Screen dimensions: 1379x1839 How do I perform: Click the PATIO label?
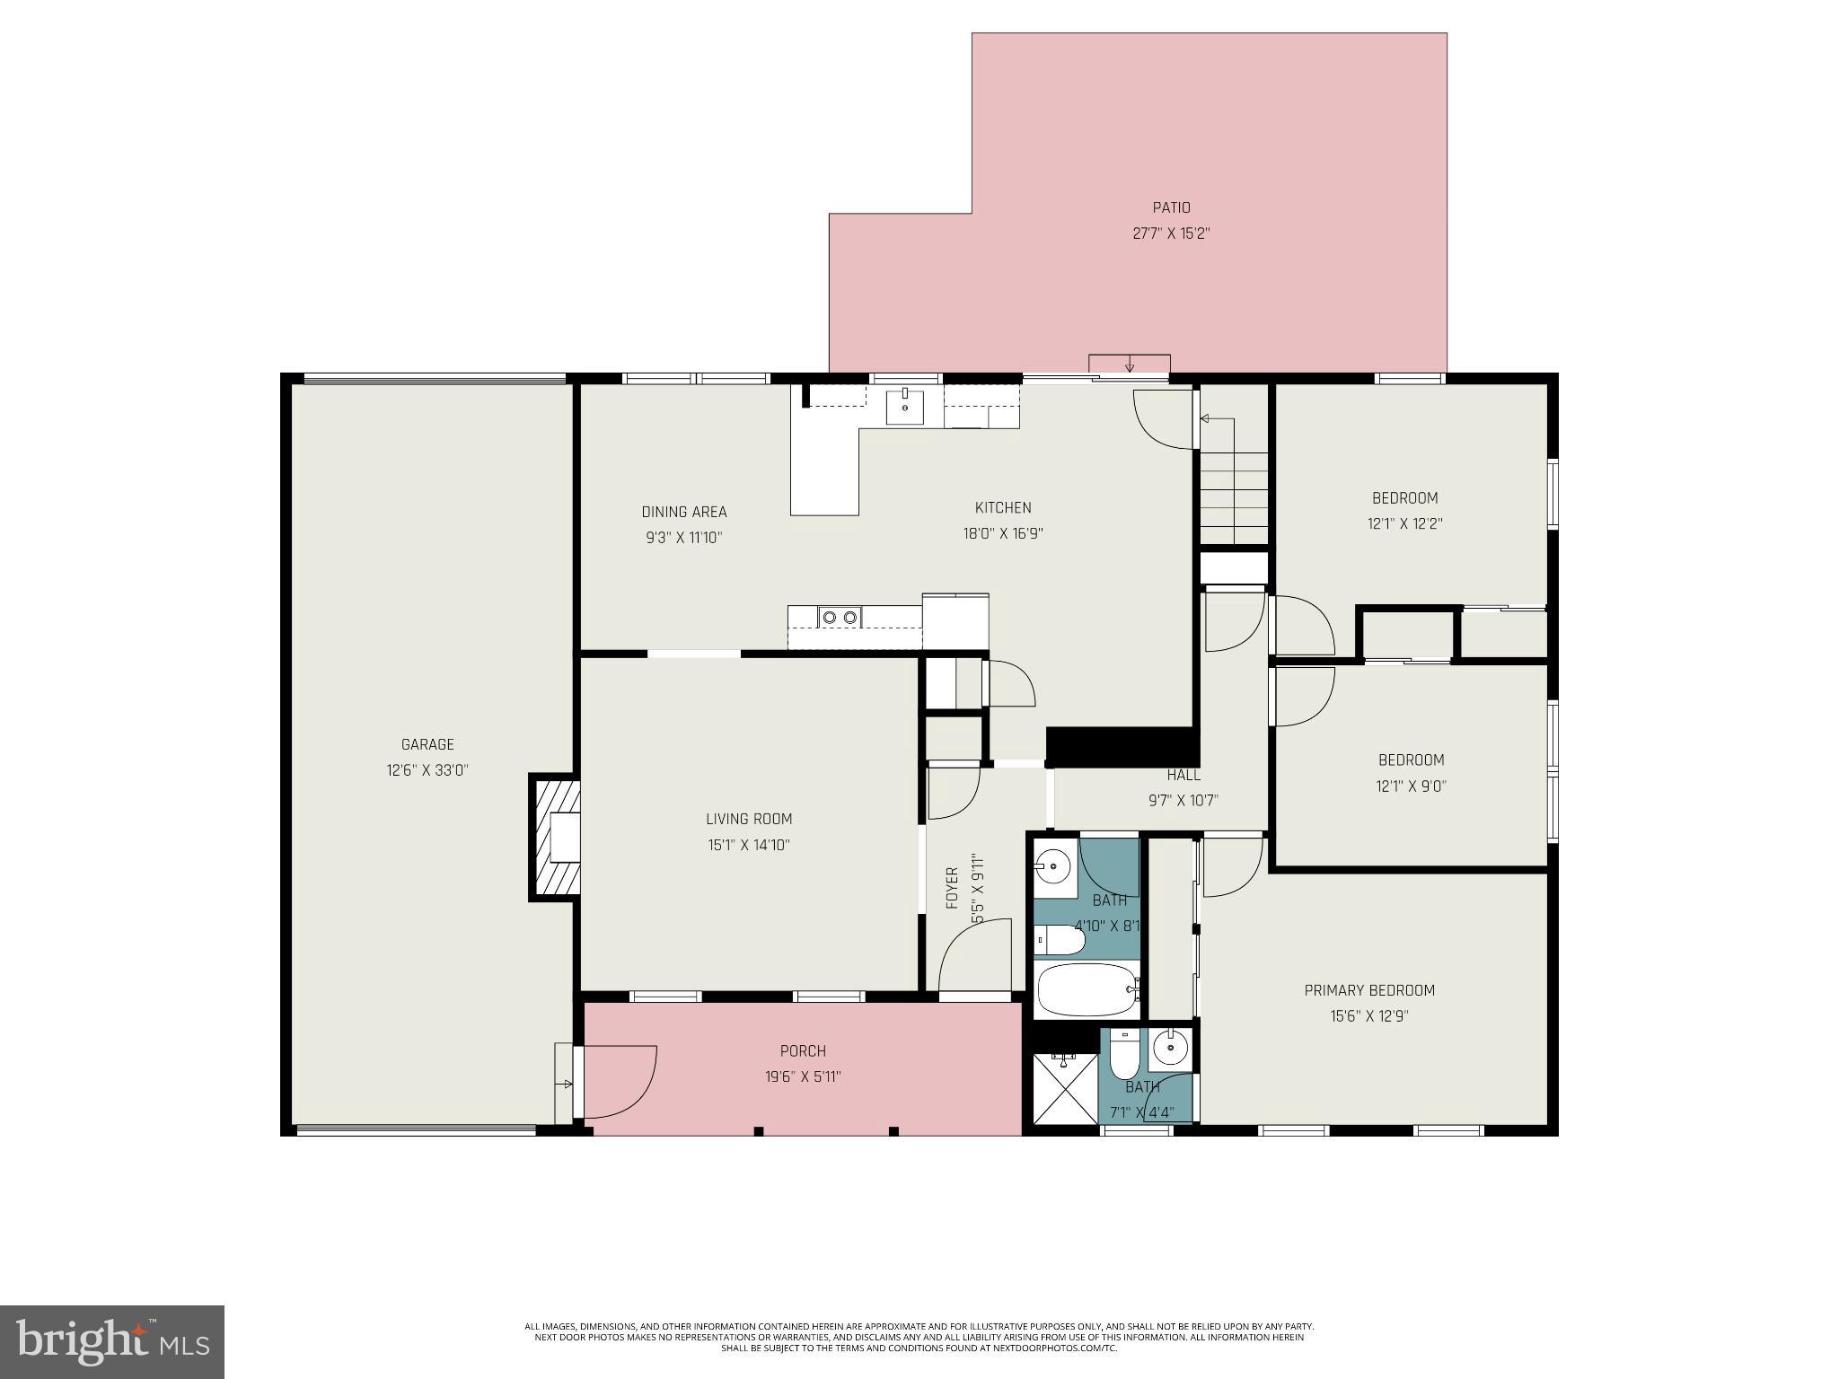click(x=1171, y=207)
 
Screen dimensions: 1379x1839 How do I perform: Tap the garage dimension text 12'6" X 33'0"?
click(x=427, y=770)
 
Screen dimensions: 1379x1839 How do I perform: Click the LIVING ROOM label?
click(x=748, y=819)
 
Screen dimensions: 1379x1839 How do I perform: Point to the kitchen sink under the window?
click(x=905, y=407)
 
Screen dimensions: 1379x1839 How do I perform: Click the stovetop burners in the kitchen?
click(x=839, y=617)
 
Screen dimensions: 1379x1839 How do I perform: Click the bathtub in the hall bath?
click(x=1087, y=990)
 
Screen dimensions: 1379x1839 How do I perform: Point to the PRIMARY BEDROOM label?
click(x=1369, y=990)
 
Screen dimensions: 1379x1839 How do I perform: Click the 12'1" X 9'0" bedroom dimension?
click(x=1411, y=786)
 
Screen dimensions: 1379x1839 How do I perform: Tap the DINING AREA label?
click(x=683, y=512)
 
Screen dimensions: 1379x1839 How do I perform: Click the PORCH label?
click(x=803, y=1050)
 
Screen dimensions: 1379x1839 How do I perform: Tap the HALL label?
click(x=1183, y=775)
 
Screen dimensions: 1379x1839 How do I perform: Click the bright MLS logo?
click(x=112, y=1341)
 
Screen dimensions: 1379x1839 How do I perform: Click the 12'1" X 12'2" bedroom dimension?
click(x=1405, y=523)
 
